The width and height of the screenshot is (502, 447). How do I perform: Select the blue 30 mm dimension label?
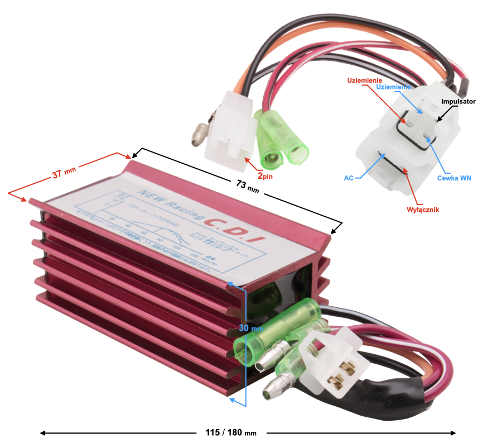pos(250,328)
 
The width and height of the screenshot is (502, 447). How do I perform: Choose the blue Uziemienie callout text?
pos(393,87)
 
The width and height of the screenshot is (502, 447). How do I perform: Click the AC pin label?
pos(348,177)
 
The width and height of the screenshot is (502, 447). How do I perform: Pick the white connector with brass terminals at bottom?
pos(329,363)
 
